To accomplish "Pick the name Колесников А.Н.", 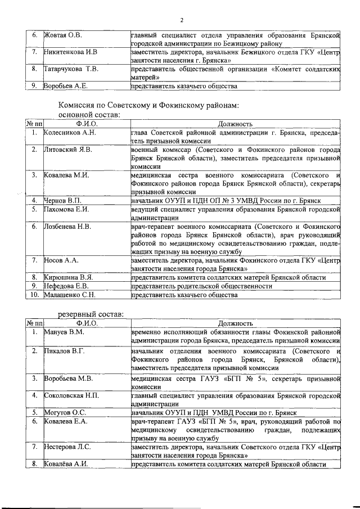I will click(70, 133).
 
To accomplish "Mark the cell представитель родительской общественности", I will click(200, 286).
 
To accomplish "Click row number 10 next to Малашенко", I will click(35, 294).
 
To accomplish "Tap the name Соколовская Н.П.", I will click(72, 395).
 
